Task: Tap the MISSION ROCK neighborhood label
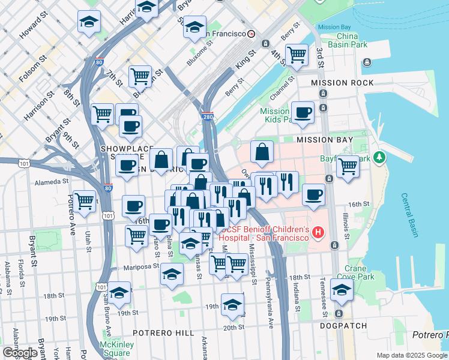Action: coord(342,83)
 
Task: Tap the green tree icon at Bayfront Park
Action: coord(379,158)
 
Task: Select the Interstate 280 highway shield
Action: coord(207,116)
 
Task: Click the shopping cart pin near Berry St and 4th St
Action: coord(297,54)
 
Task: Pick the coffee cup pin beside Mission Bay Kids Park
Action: coord(303,112)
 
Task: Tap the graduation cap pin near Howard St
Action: coord(89,23)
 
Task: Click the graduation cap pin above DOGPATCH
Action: coord(342,290)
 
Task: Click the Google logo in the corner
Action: coord(20,353)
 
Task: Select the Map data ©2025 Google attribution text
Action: coord(412,355)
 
